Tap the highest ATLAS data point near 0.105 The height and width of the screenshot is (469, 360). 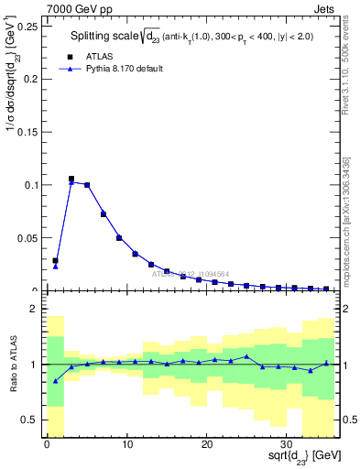click(x=71, y=180)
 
